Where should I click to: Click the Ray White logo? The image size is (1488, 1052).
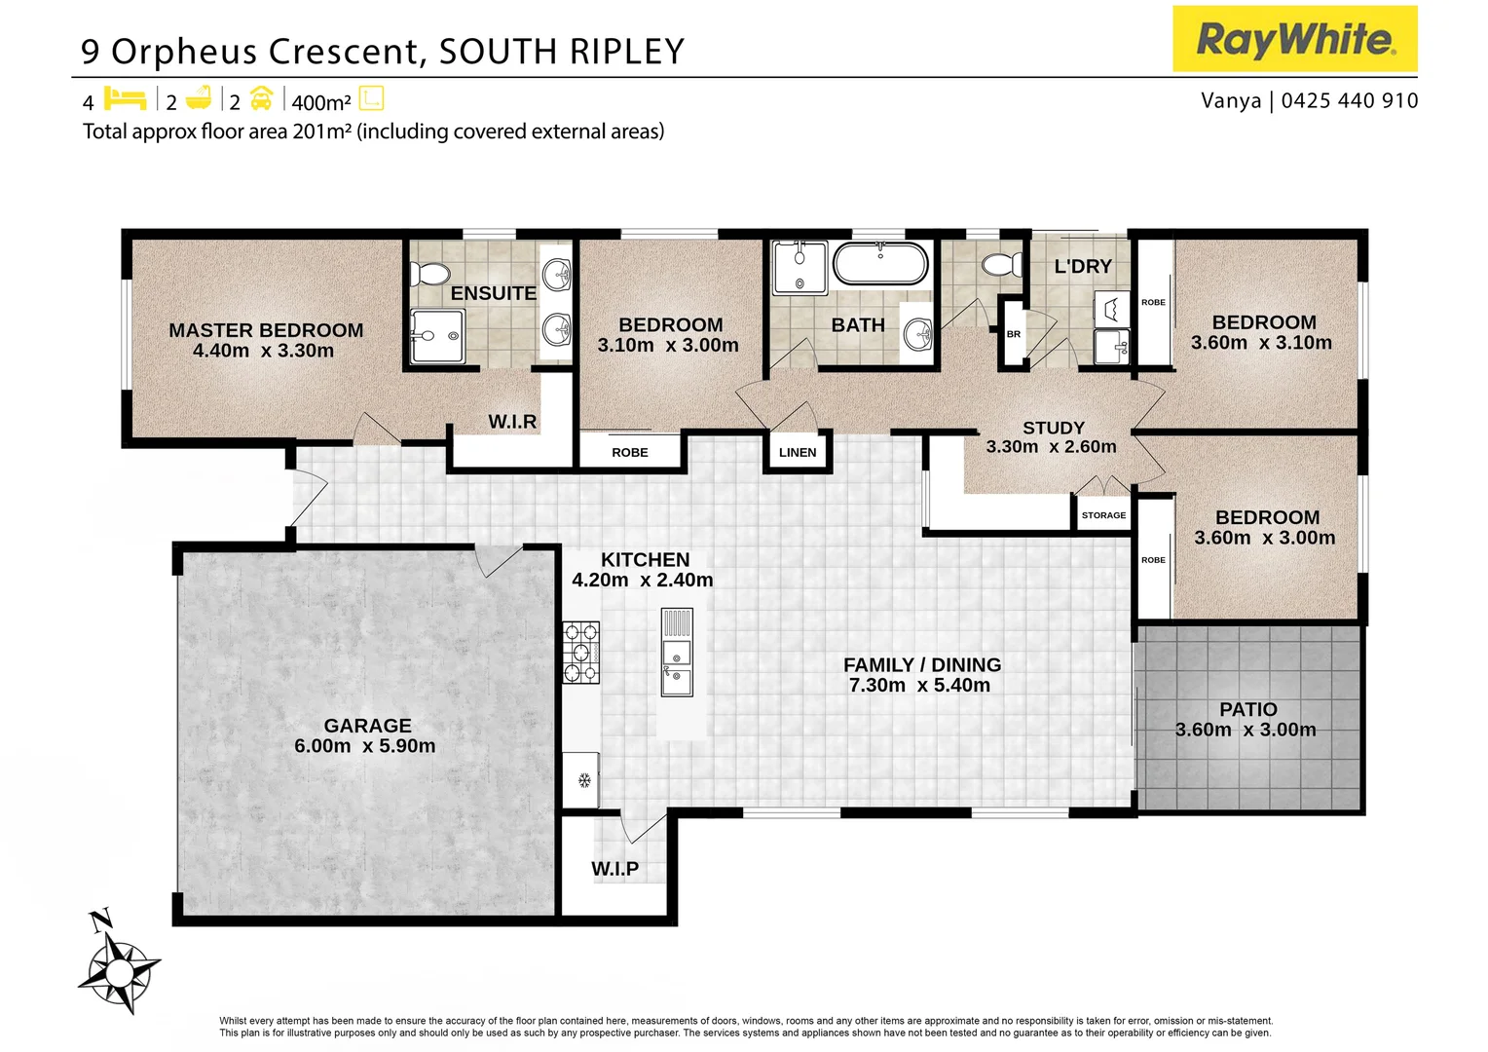click(x=1294, y=39)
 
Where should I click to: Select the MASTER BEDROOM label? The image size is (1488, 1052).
click(x=266, y=330)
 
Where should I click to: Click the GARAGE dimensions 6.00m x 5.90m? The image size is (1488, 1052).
click(x=364, y=746)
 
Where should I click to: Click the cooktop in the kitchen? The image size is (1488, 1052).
click(x=581, y=653)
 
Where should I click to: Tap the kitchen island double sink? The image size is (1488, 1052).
click(x=677, y=665)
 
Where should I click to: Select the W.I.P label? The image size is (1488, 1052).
click(x=614, y=869)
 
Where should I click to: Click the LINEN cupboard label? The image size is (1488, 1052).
click(x=798, y=452)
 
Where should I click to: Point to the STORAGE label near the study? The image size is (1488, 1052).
click(x=1103, y=515)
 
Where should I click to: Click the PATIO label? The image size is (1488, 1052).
click(x=1247, y=709)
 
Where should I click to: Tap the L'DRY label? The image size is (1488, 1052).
click(x=1082, y=266)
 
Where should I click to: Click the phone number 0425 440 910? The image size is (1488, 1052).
click(x=1350, y=100)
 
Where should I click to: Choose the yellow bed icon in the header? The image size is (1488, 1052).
click(x=125, y=99)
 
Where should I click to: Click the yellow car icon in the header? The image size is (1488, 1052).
click(x=261, y=99)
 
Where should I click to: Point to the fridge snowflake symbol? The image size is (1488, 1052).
click(x=584, y=779)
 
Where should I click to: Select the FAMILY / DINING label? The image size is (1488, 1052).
click(x=921, y=664)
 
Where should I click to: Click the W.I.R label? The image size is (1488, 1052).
click(x=512, y=421)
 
